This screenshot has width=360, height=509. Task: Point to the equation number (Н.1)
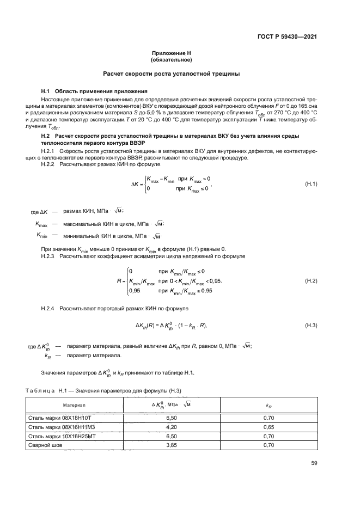tap(310, 185)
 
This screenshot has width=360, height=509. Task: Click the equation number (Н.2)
tap(310, 280)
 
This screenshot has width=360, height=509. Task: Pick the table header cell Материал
tap(74, 406)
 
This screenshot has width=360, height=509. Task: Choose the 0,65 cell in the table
tap(269, 427)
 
